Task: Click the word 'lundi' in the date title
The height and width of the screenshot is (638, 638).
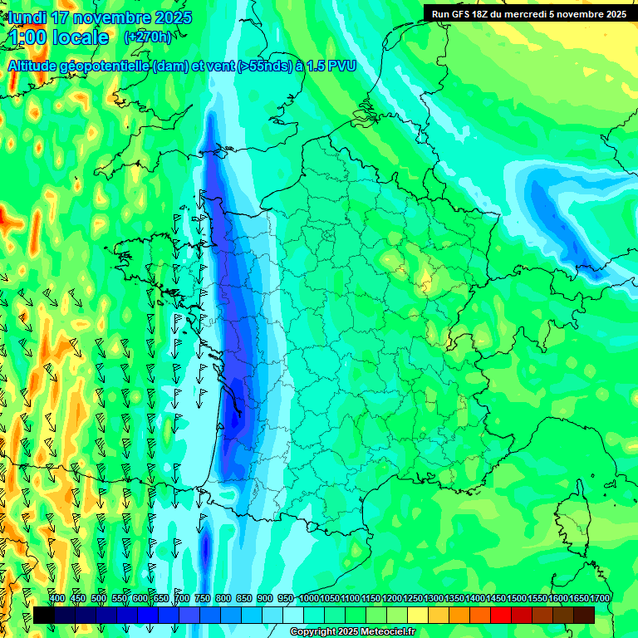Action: tap(27, 17)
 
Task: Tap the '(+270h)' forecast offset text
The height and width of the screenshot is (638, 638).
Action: tap(147, 37)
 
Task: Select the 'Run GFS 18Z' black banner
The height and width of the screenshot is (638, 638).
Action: tap(529, 13)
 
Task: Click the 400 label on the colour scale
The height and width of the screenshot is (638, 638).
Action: tap(57, 599)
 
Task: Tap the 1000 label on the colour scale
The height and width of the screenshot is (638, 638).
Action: tap(309, 599)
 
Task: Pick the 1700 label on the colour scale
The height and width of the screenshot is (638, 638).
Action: tap(600, 599)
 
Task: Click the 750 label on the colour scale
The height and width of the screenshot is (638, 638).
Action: tap(203, 599)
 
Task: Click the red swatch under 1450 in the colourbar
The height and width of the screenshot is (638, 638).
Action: tap(501, 615)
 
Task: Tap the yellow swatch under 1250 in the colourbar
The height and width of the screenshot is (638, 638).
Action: tap(418, 615)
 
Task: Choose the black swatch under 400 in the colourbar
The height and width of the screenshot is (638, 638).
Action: tap(44, 615)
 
